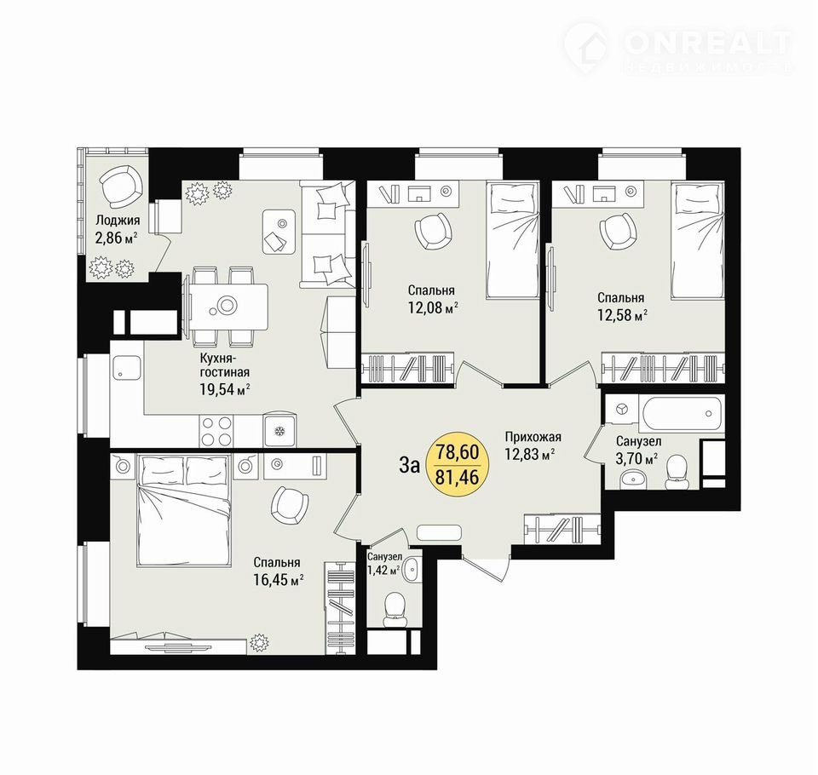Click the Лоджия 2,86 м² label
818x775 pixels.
[x=117, y=229]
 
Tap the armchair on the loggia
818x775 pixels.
[x=121, y=187]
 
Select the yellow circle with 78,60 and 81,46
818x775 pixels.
[x=457, y=464]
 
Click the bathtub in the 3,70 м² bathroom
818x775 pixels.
[x=683, y=412]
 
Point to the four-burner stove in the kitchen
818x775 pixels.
[x=216, y=430]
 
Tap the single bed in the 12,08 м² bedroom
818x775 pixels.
[x=512, y=240]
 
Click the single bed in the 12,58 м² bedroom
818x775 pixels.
[x=698, y=240]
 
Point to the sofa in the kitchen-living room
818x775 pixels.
[x=327, y=233]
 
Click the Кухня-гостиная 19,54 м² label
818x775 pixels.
[x=225, y=373]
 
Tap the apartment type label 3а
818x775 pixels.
[x=409, y=465]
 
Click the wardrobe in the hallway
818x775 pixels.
[x=562, y=530]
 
